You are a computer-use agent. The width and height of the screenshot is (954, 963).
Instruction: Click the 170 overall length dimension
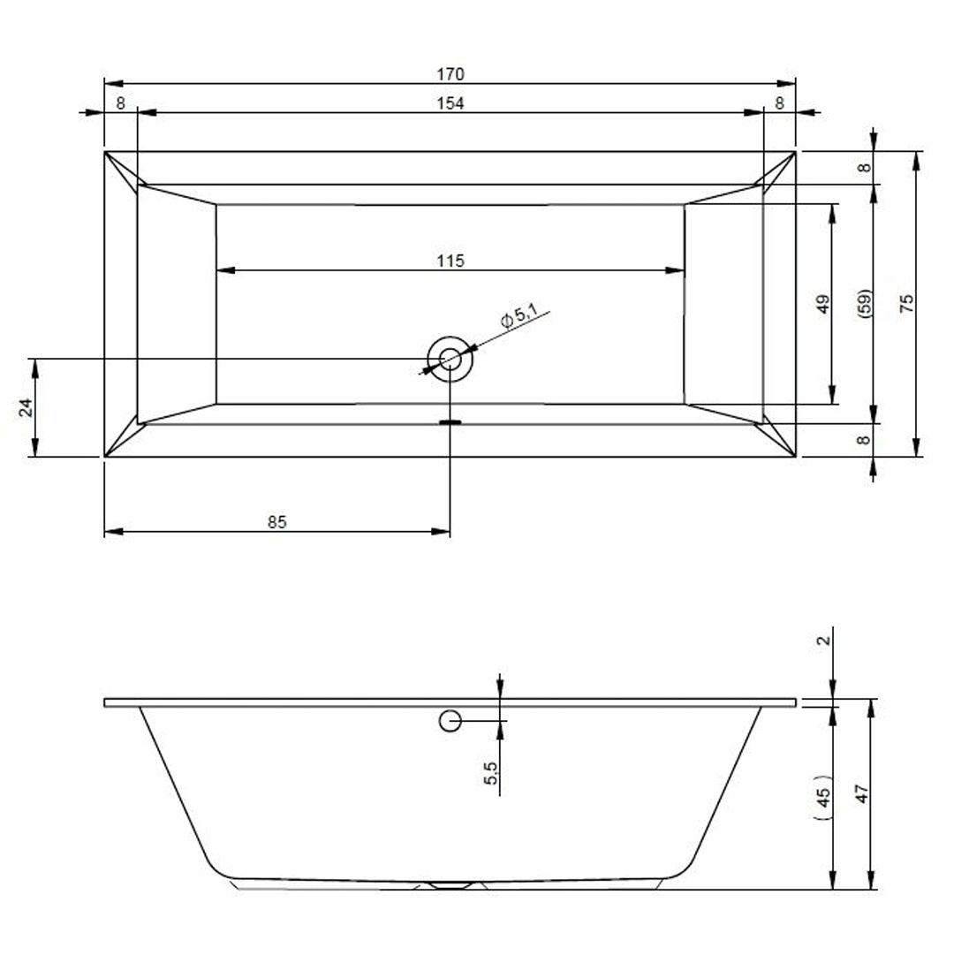450,74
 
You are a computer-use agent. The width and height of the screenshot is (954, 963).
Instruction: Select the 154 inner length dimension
450,103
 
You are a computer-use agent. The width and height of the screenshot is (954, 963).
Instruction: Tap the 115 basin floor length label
450,261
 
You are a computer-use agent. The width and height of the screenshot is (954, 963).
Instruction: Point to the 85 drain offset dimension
276,522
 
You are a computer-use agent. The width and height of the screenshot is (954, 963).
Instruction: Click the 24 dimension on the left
25,408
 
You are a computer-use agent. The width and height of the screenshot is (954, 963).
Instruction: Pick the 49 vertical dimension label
822,304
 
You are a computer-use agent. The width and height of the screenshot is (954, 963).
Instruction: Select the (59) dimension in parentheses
865,303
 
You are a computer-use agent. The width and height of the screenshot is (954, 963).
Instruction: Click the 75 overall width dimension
906,304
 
